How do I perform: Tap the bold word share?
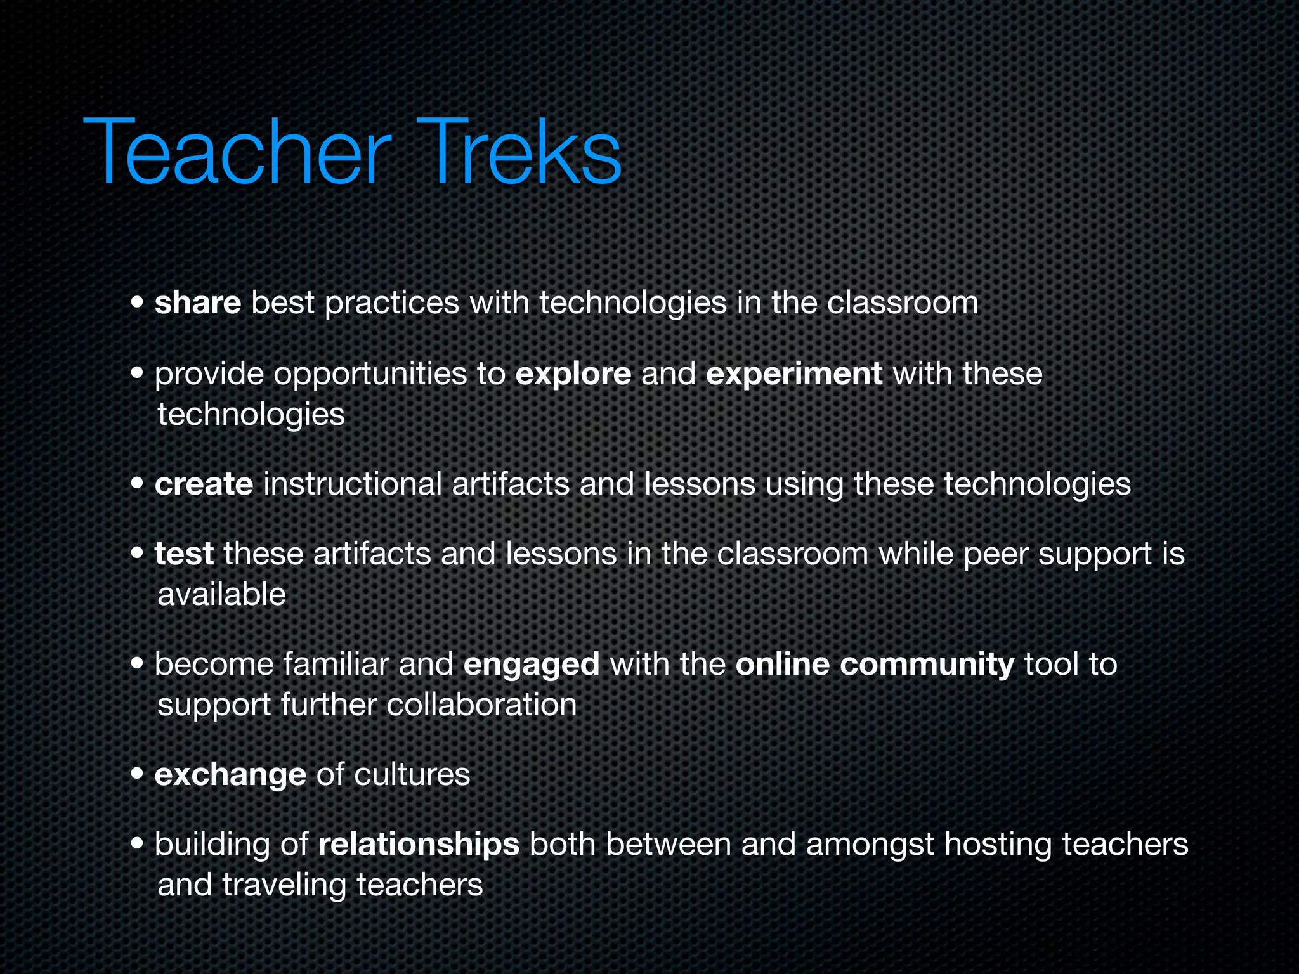pos(197,302)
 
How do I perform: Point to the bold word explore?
pos(573,374)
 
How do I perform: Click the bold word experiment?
pos(793,374)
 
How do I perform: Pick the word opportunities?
pos(370,374)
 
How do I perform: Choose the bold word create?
pos(204,484)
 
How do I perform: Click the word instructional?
pos(352,484)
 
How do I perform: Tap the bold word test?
pos(184,554)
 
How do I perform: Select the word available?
pos(221,595)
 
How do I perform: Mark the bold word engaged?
pos(531,665)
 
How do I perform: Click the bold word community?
pos(927,665)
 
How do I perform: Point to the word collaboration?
pos(481,705)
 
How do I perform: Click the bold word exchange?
pos(230,775)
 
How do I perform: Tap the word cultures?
pos(412,775)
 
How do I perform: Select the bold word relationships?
pos(419,845)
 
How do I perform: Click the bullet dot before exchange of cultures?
pos(138,775)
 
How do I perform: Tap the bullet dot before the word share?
pos(138,303)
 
